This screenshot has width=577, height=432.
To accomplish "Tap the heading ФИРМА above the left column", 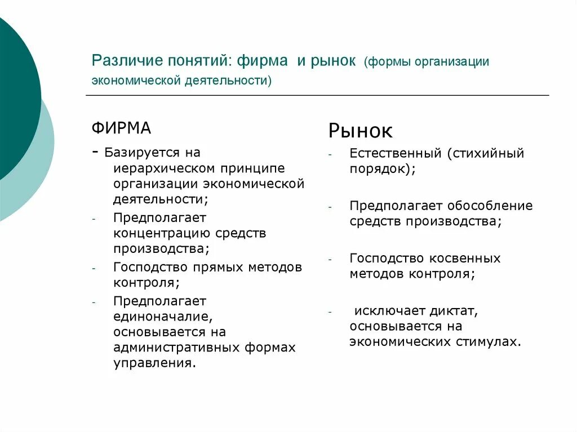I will click(121, 128).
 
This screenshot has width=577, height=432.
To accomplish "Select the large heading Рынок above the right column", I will click(360, 131).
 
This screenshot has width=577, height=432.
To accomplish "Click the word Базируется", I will click(141, 153).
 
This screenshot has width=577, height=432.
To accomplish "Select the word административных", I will click(176, 348).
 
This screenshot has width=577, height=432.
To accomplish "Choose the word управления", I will click(154, 363).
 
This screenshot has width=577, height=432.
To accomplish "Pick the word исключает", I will click(387, 310).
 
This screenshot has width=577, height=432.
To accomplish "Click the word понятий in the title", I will click(194, 61).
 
